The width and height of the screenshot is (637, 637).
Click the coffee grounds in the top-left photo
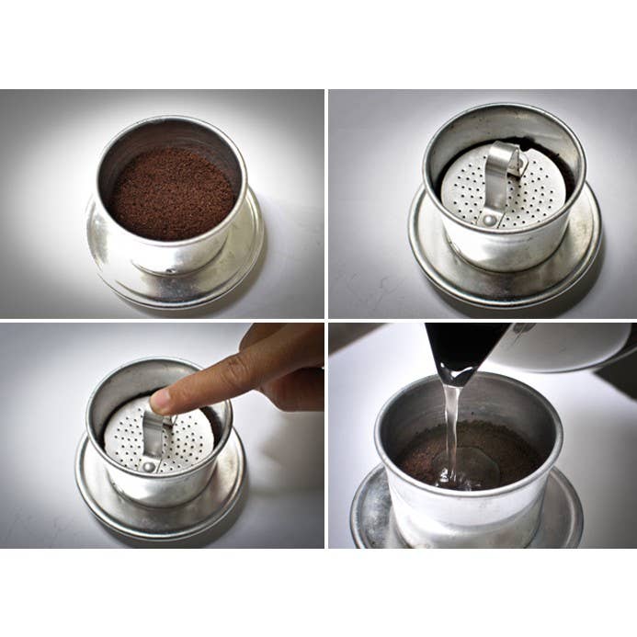tap(172, 193)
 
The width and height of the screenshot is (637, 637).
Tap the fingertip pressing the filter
tap(164, 400)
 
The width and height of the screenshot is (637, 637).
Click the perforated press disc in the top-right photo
tap(464, 188)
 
